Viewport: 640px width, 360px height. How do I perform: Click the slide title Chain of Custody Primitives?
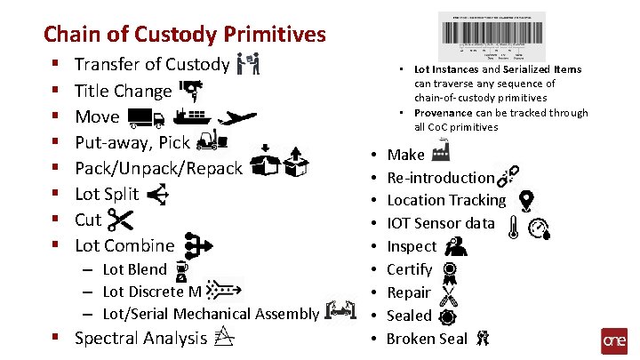pos(185,35)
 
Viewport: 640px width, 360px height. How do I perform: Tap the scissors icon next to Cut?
pos(118,220)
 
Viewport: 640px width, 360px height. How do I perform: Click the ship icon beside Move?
pos(191,116)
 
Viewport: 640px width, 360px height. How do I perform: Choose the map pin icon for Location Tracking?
pos(525,200)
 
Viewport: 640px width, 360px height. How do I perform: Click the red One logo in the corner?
pos(614,341)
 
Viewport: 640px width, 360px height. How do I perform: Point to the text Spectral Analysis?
pos(140,338)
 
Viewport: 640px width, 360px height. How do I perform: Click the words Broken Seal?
pos(427,339)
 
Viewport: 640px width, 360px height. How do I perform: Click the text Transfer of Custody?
pos(152,64)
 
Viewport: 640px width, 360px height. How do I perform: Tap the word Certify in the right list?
pos(410,269)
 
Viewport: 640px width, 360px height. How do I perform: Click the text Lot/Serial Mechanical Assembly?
pos(211,313)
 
